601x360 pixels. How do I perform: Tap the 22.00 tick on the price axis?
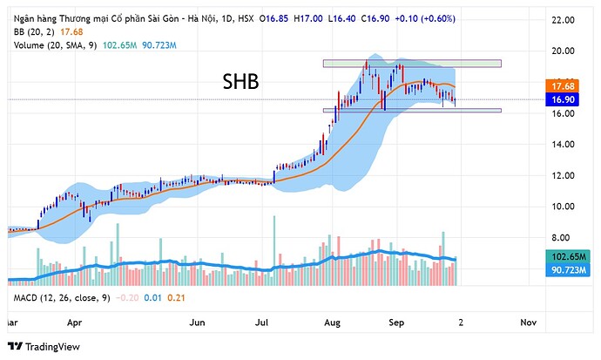point(557,19)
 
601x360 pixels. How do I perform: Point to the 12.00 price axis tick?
point(557,175)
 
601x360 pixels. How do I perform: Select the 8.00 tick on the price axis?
point(557,237)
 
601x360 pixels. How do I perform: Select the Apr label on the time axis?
point(75,322)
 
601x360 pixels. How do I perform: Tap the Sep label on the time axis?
point(396,322)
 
